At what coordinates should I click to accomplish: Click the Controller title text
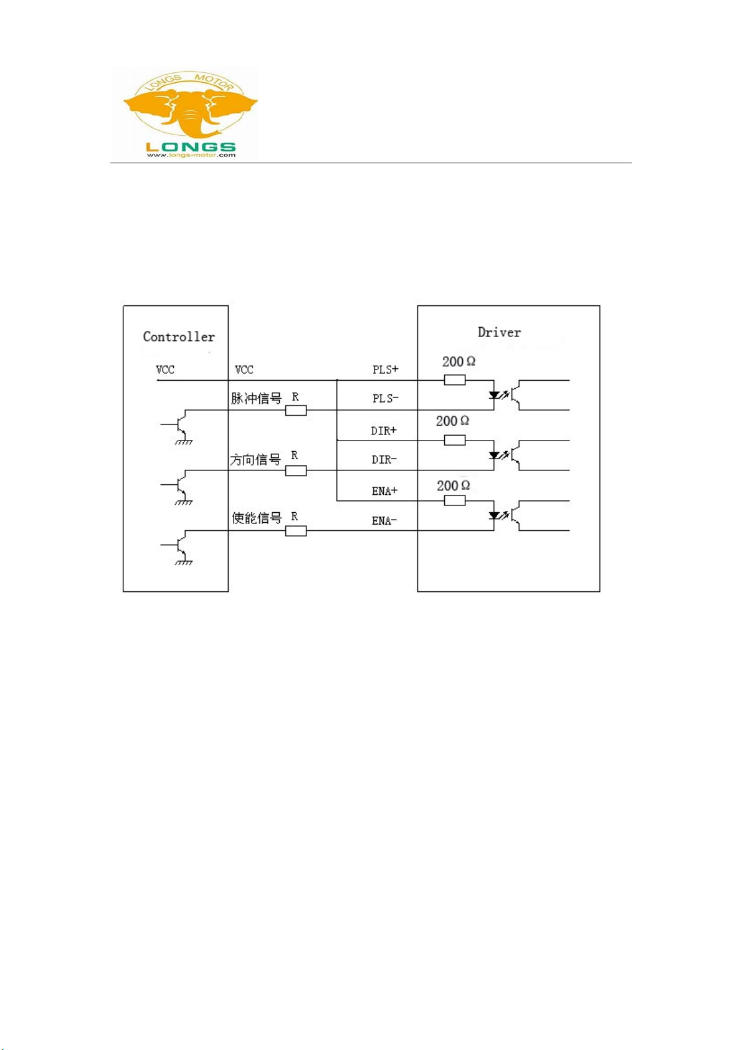click(179, 336)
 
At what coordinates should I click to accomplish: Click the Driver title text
click(499, 332)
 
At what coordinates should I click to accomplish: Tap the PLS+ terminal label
click(385, 370)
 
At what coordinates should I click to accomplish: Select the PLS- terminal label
click(385, 398)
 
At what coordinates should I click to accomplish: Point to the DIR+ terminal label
click(384, 431)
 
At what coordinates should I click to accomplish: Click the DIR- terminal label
click(384, 460)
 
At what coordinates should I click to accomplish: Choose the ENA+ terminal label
click(384, 491)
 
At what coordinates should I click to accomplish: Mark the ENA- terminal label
click(384, 521)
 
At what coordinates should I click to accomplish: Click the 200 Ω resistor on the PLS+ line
click(455, 379)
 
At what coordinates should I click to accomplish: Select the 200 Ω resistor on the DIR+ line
click(455, 440)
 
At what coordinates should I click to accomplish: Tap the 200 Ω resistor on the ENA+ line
click(455, 500)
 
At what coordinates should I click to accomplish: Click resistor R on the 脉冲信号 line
click(296, 411)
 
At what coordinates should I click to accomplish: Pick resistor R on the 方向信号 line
click(296, 470)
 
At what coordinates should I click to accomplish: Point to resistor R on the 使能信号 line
click(296, 531)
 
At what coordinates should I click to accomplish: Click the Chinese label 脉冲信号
click(257, 398)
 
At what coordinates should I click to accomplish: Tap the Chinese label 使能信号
click(257, 518)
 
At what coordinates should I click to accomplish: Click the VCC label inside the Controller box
click(165, 370)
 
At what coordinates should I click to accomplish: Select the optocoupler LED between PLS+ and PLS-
click(494, 395)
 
